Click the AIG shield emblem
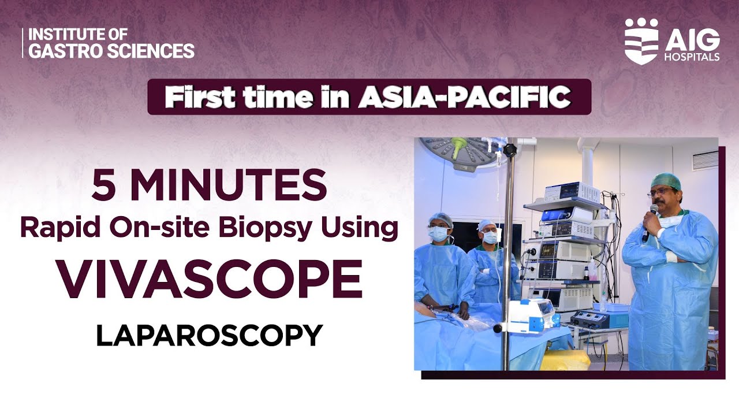coord(641,41)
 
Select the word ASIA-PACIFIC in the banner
coord(464,97)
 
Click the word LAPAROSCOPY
coord(209,336)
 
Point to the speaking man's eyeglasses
coord(662,191)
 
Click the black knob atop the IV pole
coord(509,150)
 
